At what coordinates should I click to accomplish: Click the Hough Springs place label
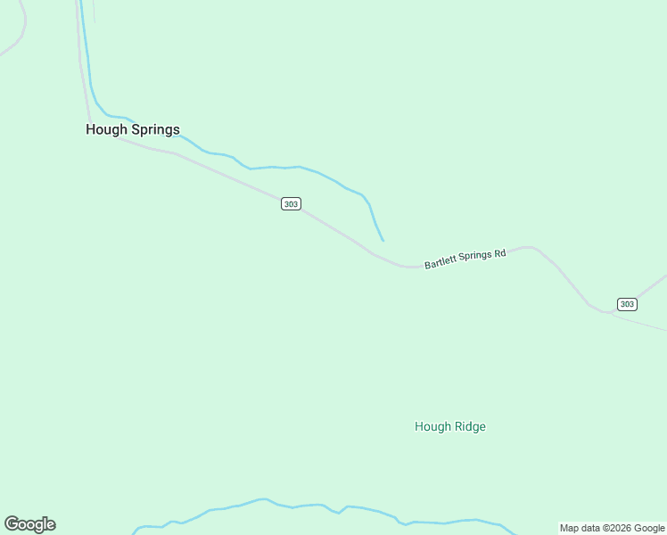coord(132,129)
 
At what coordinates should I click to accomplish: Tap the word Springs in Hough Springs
coord(155,130)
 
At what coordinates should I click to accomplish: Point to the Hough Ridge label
coord(450,426)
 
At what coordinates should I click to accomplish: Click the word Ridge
coord(469,426)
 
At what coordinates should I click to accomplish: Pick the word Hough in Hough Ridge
coord(432,426)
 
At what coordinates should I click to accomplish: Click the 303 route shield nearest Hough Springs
coord(291,204)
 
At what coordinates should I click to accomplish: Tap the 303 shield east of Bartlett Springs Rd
coord(627,304)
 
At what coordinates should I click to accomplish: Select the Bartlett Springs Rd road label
coord(465,259)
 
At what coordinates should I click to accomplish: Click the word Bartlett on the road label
coord(443,262)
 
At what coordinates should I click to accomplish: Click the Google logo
coord(29,524)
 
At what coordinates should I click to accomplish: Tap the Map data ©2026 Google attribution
coord(612,528)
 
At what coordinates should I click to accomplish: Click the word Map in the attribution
coord(570,528)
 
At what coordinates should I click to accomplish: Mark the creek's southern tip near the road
coord(383,240)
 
